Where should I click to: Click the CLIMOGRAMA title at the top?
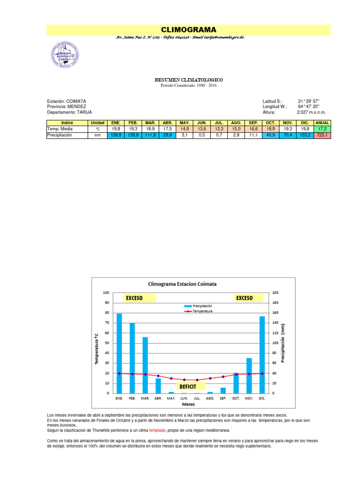(x=188, y=30)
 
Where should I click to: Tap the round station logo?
(x=66, y=55)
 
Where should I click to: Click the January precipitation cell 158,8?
(x=115, y=135)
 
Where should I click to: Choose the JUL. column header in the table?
(x=218, y=122)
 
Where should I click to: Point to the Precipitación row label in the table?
(x=60, y=135)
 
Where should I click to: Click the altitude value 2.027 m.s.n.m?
(x=311, y=112)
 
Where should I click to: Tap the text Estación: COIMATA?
(x=67, y=101)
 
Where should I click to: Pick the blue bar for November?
(x=249, y=375)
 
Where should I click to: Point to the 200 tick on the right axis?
(x=276, y=292)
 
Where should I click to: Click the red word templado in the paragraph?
(x=157, y=429)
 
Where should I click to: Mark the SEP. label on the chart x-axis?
(x=223, y=398)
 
